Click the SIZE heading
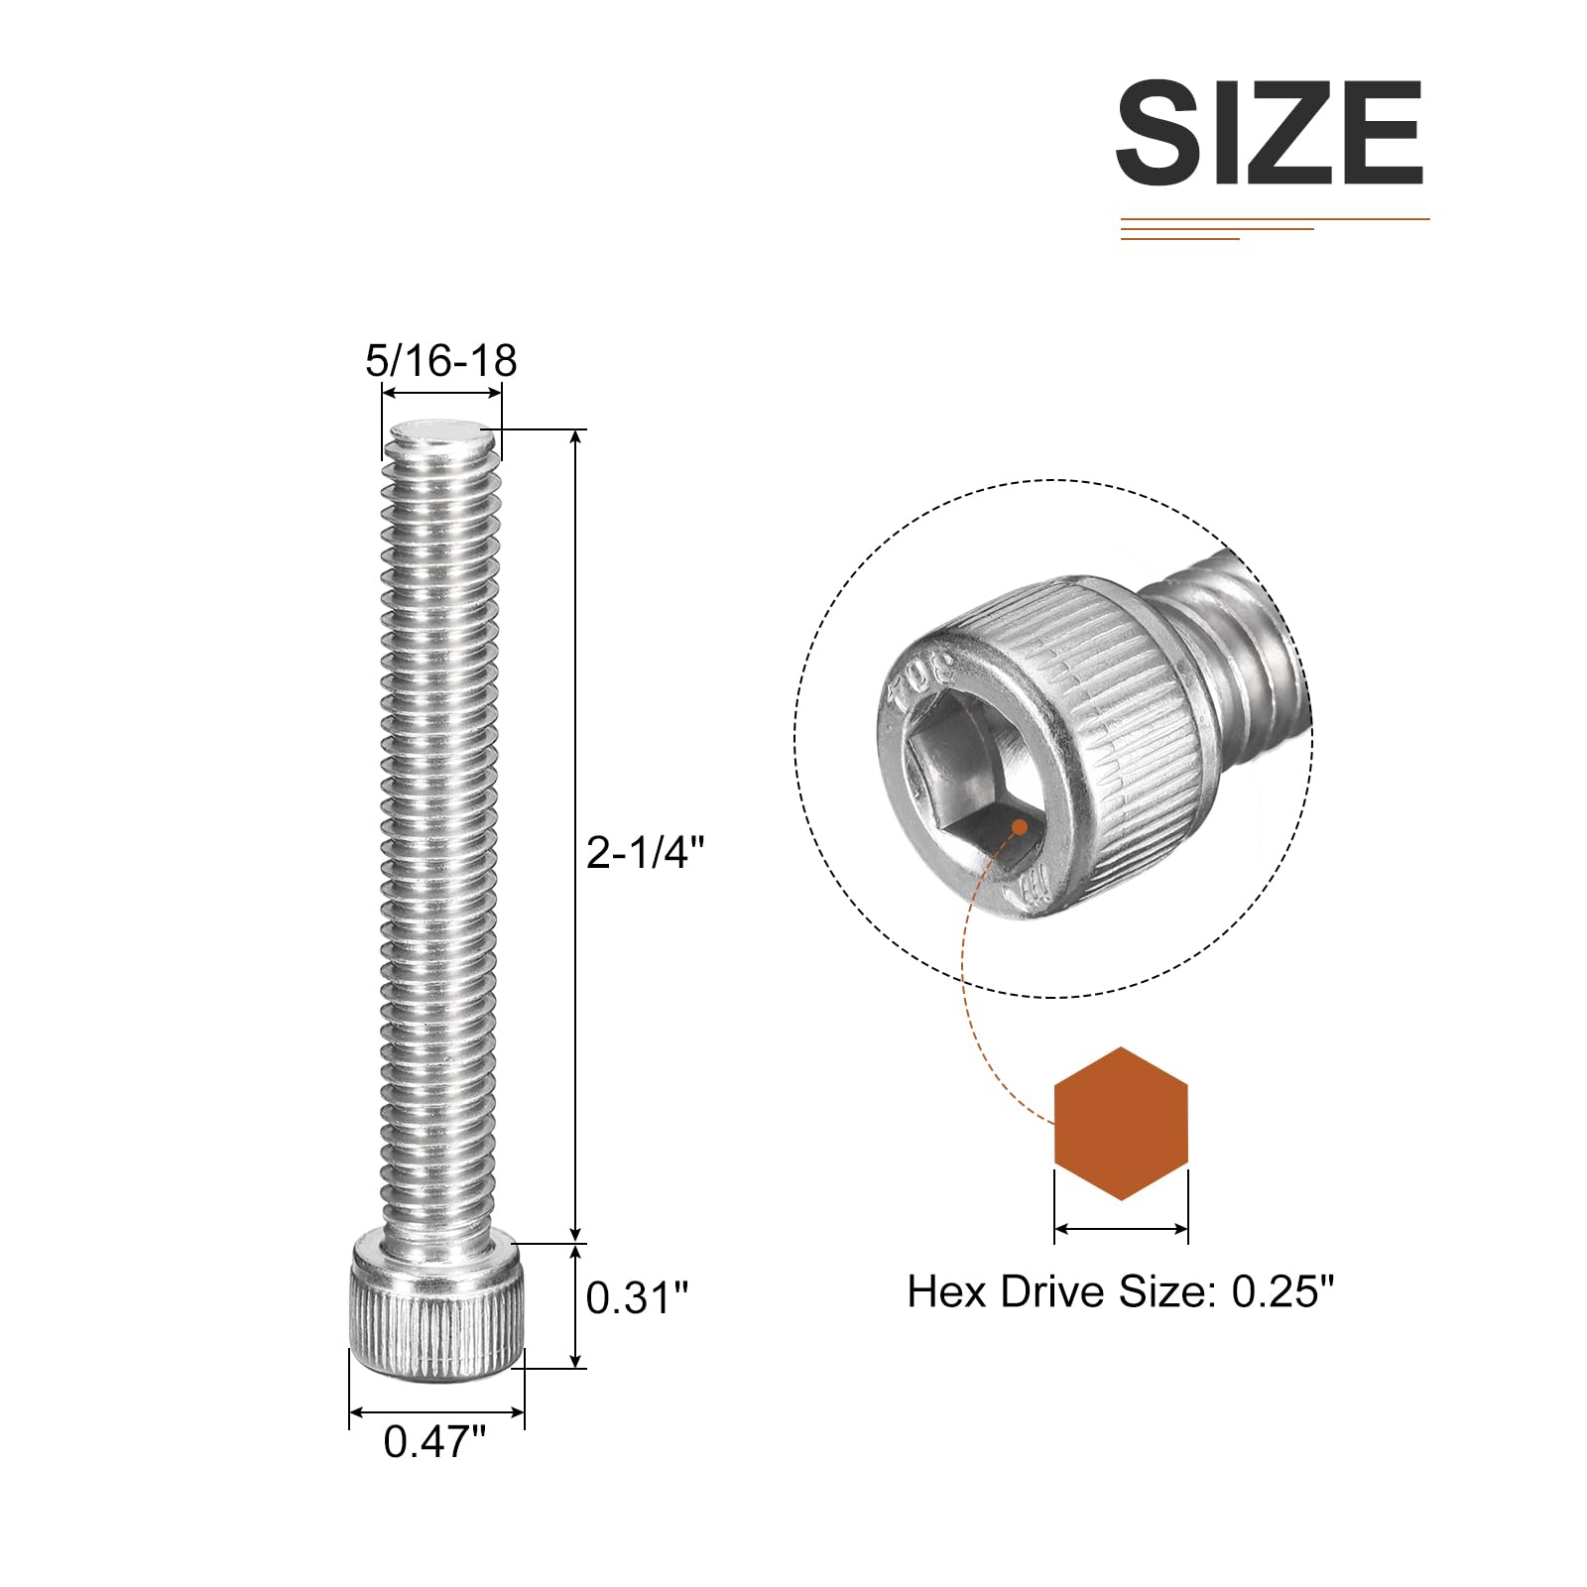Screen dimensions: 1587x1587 pyautogui.click(x=1271, y=133)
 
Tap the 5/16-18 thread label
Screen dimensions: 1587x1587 pyautogui.click(x=441, y=360)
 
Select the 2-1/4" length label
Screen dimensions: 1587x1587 pyautogui.click(x=646, y=852)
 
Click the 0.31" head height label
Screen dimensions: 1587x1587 pyautogui.click(x=637, y=1297)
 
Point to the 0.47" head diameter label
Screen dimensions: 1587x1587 pyautogui.click(x=435, y=1441)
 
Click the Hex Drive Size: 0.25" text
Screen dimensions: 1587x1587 pyautogui.click(x=1121, y=1291)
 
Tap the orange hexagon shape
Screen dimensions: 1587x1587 pyautogui.click(x=1121, y=1124)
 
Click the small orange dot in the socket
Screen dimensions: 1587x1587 pyautogui.click(x=1019, y=826)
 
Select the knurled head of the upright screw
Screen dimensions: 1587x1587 pyautogui.click(x=436, y=1309)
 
